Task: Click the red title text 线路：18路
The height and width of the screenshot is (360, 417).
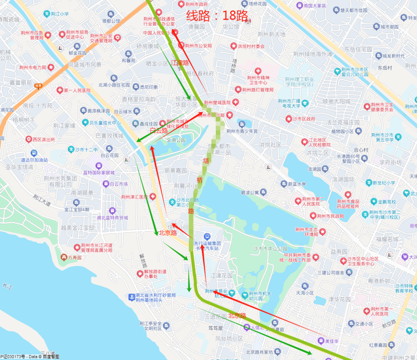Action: (217, 15)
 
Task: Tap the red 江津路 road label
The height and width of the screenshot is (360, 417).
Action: (180, 63)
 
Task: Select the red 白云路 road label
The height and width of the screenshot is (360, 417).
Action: (159, 131)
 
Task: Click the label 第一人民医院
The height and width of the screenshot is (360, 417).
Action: (77, 90)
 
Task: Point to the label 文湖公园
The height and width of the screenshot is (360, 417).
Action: (176, 140)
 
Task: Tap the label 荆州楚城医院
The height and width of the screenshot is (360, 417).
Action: (217, 103)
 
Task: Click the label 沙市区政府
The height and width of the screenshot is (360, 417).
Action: (304, 118)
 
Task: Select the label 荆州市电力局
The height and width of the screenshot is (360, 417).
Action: (33, 68)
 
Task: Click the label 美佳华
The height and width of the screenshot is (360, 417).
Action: (332, 341)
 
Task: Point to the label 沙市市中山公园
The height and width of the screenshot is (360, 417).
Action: (270, 248)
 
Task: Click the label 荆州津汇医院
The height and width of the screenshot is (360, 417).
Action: (134, 197)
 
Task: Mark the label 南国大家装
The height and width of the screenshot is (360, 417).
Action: (315, 6)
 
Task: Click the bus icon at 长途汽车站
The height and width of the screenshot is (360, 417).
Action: (207, 236)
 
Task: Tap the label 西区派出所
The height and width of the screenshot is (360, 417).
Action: (43, 139)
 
